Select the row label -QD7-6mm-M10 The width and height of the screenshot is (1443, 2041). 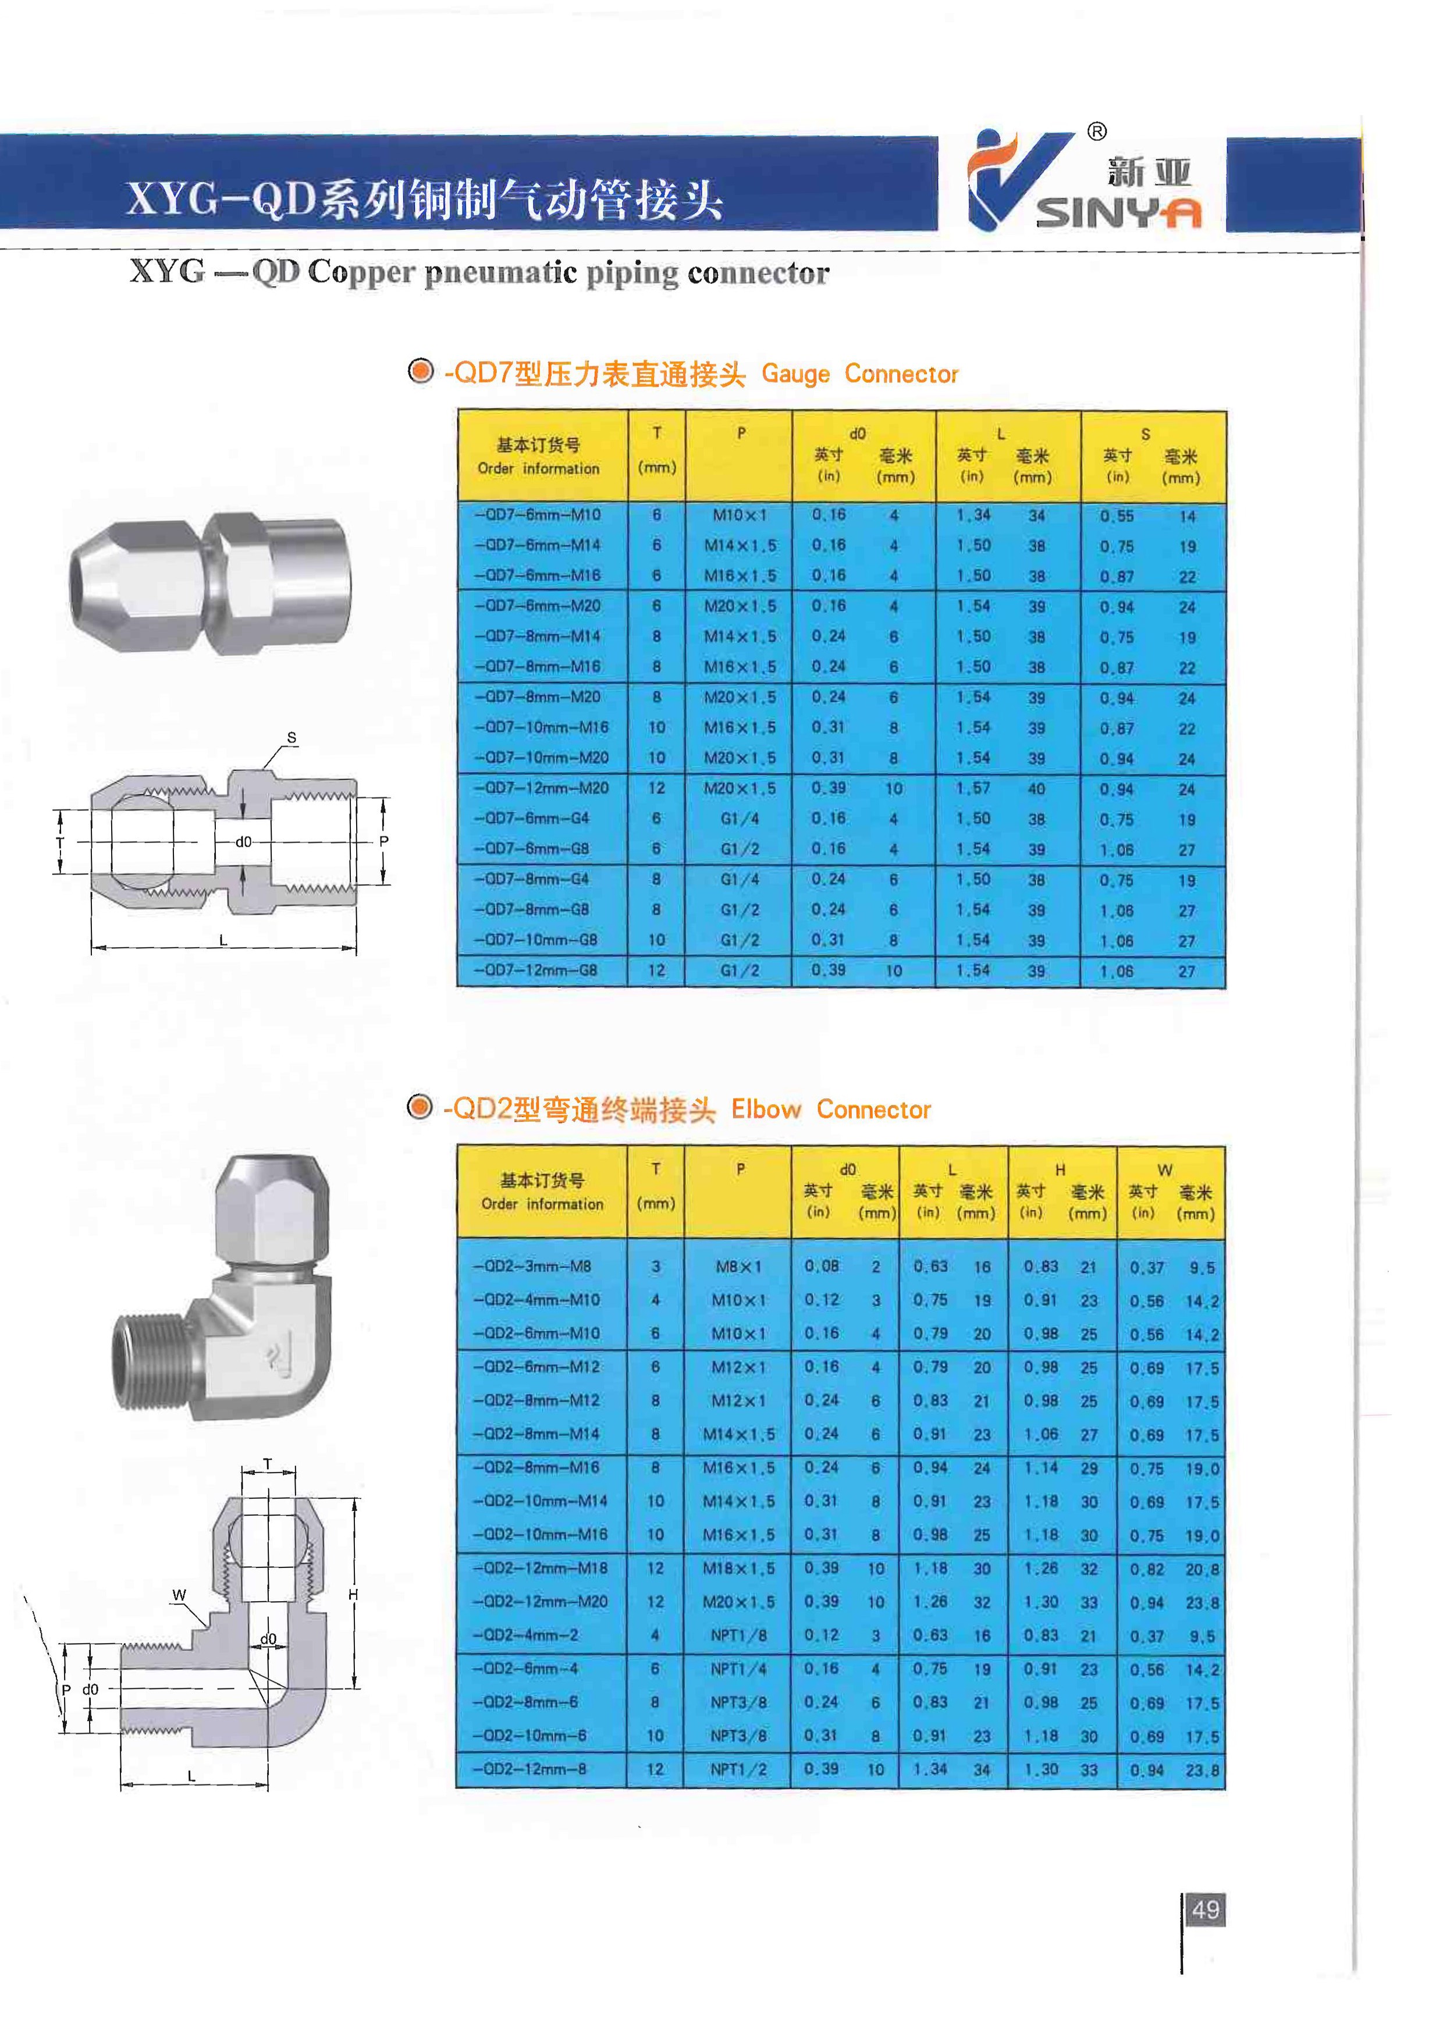point(537,515)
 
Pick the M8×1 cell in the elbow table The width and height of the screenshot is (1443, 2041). point(738,1266)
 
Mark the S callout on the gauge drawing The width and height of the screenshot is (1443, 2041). point(292,738)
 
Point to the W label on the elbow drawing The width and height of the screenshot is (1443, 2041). point(179,1595)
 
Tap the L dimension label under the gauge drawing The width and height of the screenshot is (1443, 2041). point(223,940)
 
